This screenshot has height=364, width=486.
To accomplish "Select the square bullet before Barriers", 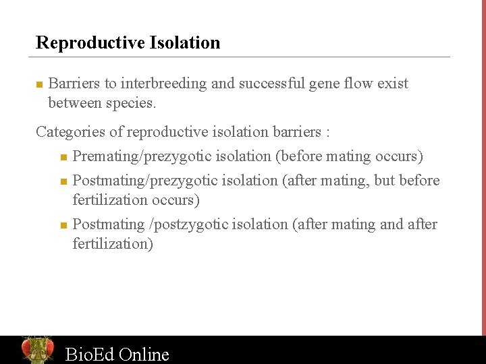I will (x=39, y=85).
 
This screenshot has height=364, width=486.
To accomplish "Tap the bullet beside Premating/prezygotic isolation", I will (x=63, y=158).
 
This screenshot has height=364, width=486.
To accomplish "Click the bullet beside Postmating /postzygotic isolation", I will (x=63, y=225).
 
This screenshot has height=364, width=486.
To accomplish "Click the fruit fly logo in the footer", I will (x=37, y=350).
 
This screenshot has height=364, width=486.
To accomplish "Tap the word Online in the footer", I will (x=144, y=354).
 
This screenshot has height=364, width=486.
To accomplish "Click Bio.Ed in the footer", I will (x=89, y=354).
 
